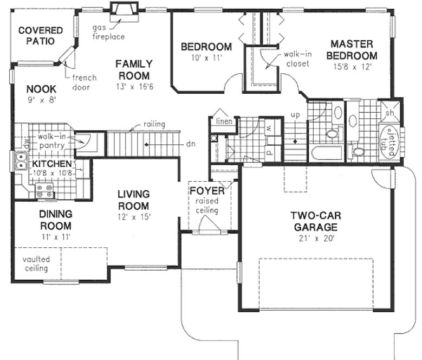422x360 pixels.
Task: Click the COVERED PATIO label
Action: pos(40,36)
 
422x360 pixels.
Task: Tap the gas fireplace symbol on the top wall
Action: pos(121,10)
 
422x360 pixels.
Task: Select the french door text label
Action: pos(84,82)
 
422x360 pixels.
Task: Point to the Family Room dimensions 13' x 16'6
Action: pos(133,86)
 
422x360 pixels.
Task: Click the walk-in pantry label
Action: pos(52,141)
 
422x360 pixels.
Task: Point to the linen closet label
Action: pos(224,121)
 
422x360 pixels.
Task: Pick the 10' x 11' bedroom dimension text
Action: pos(206,57)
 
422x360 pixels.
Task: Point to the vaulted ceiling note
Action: pos(35,263)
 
